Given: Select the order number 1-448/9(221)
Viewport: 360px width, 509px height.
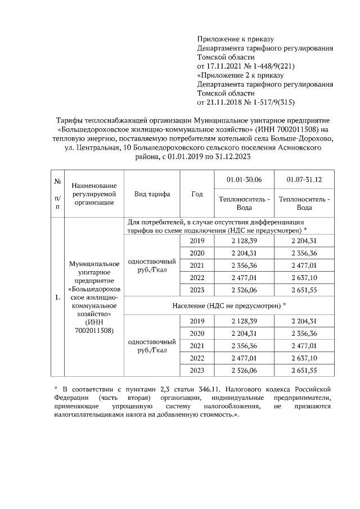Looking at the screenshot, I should [275, 66].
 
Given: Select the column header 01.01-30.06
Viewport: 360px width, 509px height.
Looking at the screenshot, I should [244, 179].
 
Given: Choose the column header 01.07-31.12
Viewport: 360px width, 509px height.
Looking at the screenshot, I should [304, 179].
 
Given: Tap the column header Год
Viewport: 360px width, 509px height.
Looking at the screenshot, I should [197, 193].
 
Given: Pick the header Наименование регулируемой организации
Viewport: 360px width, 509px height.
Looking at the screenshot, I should [94, 194].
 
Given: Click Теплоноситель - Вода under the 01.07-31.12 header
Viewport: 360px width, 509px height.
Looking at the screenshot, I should [304, 202].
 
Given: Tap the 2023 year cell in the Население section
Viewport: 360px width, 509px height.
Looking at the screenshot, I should [197, 370].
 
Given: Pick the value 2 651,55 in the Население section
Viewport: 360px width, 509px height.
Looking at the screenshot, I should [304, 370].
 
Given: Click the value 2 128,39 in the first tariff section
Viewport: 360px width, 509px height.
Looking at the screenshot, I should [244, 240].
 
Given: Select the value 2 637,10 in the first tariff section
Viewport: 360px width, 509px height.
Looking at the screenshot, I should [304, 277].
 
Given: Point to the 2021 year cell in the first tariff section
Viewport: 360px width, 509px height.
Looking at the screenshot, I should [197, 265].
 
